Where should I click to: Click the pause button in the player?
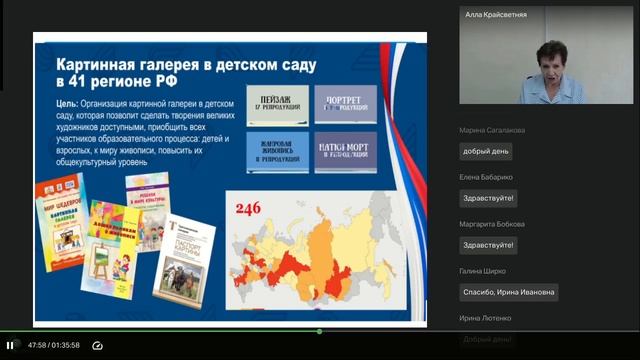click(10, 345)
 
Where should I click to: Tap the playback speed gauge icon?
click(97, 345)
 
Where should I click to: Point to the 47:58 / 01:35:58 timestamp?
click(54, 345)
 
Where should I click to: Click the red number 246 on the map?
click(247, 209)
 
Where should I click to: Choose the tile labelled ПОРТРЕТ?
click(345, 104)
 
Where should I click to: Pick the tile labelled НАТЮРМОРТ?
click(345, 152)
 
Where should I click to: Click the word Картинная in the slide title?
click(94, 61)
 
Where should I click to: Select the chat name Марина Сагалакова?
click(492, 130)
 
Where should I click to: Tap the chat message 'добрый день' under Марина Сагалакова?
click(486, 152)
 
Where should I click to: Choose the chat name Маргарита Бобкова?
click(492, 224)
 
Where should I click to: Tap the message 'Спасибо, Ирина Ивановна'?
click(509, 292)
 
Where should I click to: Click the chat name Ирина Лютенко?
click(486, 318)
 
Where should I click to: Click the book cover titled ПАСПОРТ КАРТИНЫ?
click(186, 256)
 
